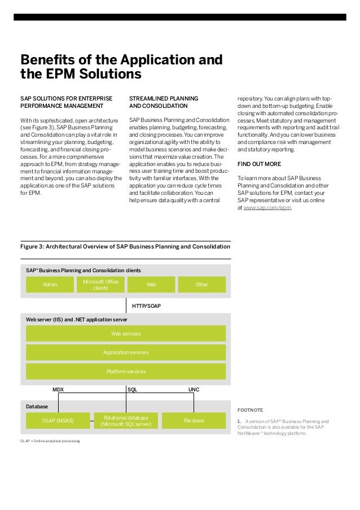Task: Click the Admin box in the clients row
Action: [x=51, y=285]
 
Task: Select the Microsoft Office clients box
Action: [x=100, y=285]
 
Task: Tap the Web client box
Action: [x=151, y=285]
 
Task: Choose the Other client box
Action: [x=201, y=285]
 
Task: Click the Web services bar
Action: [x=126, y=334]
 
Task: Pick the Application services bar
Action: [x=126, y=352]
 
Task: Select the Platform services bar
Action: [x=126, y=371]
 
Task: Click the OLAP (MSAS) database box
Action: [x=58, y=420]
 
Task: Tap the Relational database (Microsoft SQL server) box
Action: [x=126, y=420]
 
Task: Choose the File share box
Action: [x=194, y=420]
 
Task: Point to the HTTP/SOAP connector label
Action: [x=146, y=306]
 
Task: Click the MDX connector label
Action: [x=58, y=390]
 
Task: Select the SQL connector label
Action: [x=132, y=390]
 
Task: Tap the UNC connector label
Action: [x=194, y=390]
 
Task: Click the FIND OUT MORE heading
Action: [x=259, y=164]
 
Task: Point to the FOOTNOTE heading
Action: [x=251, y=409]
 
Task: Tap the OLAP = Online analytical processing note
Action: [x=50, y=441]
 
